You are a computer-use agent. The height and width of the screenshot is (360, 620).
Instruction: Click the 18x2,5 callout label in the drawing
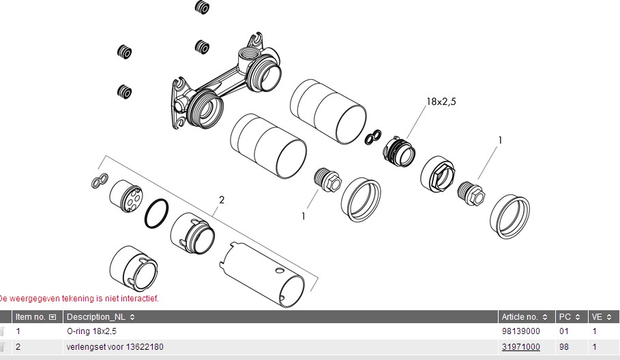[441, 102]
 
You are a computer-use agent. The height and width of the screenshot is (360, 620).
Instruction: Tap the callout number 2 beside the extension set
[222, 200]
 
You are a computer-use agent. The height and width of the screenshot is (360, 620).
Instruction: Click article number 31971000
[520, 347]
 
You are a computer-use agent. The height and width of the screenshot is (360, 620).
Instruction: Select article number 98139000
[520, 331]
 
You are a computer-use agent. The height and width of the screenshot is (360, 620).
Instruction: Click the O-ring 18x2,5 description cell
[91, 331]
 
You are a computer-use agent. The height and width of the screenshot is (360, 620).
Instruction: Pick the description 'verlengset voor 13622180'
[115, 347]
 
